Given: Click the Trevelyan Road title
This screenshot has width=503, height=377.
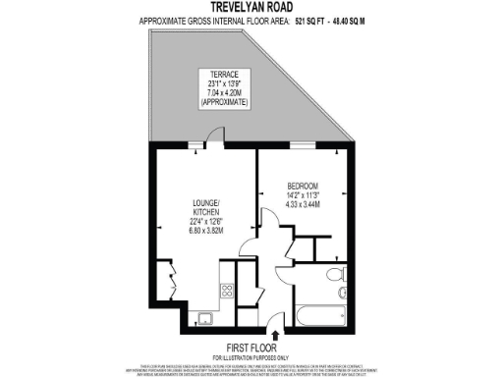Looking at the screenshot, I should pos(251,8).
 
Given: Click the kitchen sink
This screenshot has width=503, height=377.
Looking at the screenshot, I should pos(205,317).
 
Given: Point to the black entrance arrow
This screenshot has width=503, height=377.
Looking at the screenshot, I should pos(274,332).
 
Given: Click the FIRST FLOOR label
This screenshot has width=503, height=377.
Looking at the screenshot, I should pos(251,348).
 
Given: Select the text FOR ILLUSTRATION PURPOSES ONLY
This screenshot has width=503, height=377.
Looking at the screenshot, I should pos(251,357).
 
